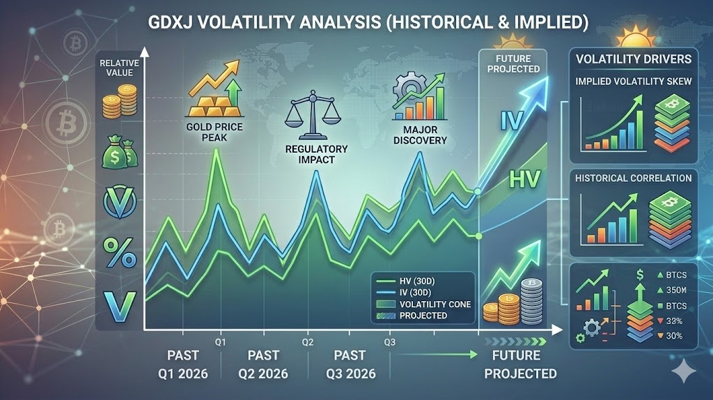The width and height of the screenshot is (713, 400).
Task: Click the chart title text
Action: [x=368, y=22]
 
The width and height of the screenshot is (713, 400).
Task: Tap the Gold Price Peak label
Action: [x=214, y=132]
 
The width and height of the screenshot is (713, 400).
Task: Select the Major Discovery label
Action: [x=420, y=135]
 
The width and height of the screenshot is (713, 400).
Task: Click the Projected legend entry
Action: [x=412, y=316]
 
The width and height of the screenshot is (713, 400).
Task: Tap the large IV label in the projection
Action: [x=512, y=121]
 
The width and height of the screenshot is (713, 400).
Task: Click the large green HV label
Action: [x=524, y=179]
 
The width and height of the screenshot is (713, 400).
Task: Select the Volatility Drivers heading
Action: [x=634, y=59]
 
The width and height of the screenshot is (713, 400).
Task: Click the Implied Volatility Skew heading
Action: [x=634, y=82]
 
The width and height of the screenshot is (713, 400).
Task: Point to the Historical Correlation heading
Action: [x=634, y=178]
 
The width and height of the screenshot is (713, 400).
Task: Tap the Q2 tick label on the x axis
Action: [x=308, y=342]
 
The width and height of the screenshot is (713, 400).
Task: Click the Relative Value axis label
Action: [x=120, y=68]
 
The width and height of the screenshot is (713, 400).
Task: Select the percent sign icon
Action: [x=120, y=252]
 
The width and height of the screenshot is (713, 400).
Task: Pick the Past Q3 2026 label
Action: [x=351, y=364]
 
